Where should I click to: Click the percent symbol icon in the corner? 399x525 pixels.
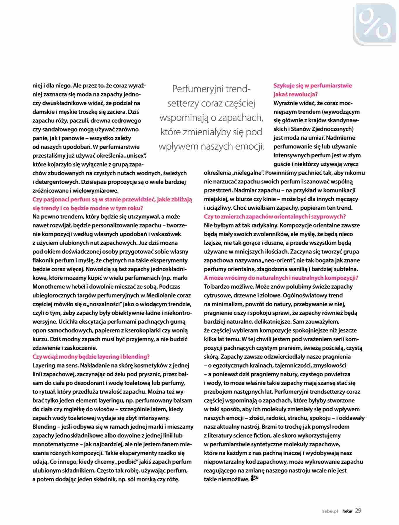[x=375, y=25]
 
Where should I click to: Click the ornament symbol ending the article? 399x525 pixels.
[x=255, y=479]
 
